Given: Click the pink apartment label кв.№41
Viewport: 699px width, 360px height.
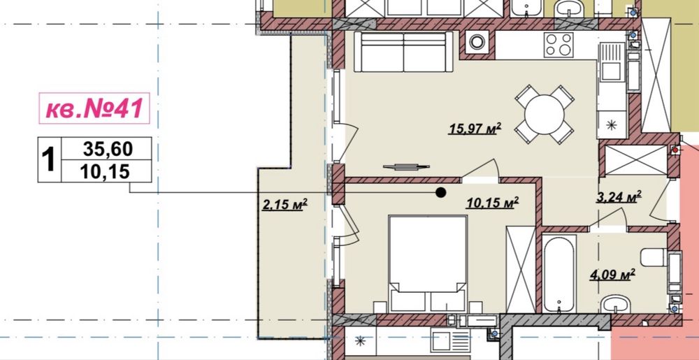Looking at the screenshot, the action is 94,108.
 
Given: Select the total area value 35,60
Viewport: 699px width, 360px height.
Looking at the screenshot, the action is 108,149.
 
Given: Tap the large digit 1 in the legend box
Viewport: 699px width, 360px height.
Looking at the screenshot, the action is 49,160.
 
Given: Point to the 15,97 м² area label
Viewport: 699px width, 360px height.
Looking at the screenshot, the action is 475,129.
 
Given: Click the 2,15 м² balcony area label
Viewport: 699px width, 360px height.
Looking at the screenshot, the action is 284,205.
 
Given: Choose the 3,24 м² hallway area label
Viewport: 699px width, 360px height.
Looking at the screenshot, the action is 619,196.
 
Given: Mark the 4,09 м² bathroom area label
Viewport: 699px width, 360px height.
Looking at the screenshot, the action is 612,275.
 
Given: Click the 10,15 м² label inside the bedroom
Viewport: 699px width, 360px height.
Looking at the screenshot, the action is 492,203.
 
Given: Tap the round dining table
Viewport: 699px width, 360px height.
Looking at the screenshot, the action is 544,114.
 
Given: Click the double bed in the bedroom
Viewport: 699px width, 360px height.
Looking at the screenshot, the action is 428,264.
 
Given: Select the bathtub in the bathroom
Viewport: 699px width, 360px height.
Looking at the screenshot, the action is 559,274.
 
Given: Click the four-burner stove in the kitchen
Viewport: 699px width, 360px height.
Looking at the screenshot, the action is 559,45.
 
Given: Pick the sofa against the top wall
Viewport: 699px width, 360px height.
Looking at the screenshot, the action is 403,51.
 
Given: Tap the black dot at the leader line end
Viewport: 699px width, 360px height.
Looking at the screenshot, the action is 441,192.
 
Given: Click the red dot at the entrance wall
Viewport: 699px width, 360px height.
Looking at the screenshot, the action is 675,150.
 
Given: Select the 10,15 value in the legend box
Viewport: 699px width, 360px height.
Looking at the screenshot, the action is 106,171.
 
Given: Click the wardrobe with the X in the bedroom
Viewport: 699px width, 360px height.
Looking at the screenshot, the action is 521,270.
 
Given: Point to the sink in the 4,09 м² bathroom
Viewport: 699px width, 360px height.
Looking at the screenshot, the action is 614,304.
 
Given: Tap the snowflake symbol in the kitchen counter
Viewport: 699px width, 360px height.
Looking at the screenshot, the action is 612,124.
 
